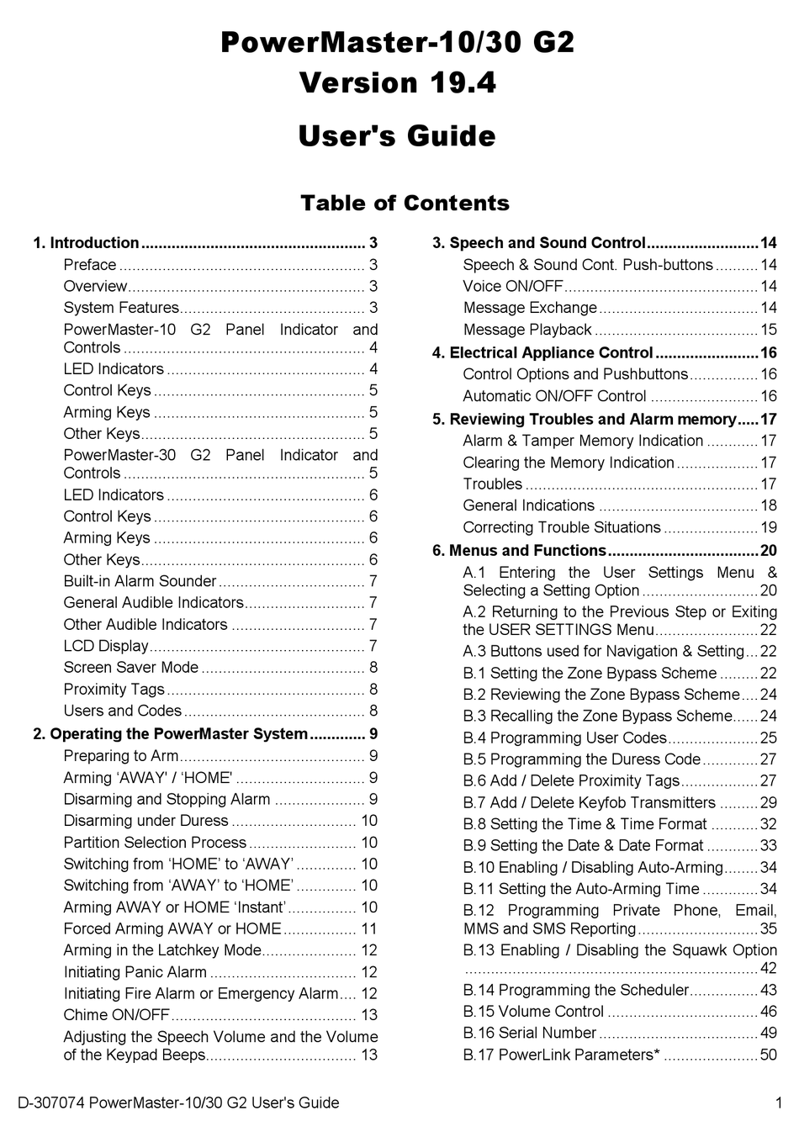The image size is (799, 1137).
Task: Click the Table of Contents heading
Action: coord(405,204)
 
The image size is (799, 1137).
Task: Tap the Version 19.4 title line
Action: coord(397,82)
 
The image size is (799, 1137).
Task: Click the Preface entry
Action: coord(90,265)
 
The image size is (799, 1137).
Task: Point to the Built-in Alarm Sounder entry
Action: coord(140,581)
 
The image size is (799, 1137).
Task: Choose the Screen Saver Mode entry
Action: coord(131,668)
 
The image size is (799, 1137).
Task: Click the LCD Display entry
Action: coord(106,646)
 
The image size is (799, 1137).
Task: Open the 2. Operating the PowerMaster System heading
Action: coord(171,734)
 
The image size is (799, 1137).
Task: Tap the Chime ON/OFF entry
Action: coord(117,1015)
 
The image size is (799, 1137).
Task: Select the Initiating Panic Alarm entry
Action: coord(135,972)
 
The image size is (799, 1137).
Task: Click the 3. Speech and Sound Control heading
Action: coord(538,243)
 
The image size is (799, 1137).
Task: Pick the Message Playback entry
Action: coord(527,330)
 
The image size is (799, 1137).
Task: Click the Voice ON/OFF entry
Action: coord(513,287)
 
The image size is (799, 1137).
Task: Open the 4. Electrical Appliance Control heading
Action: coord(542,352)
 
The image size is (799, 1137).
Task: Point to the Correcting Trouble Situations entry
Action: coord(562,528)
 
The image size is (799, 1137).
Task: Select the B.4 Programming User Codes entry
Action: coord(564,738)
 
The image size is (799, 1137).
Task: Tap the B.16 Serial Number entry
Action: coord(530,1033)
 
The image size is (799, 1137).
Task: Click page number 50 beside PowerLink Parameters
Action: coord(768,1055)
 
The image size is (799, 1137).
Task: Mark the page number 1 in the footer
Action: coord(779,1103)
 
